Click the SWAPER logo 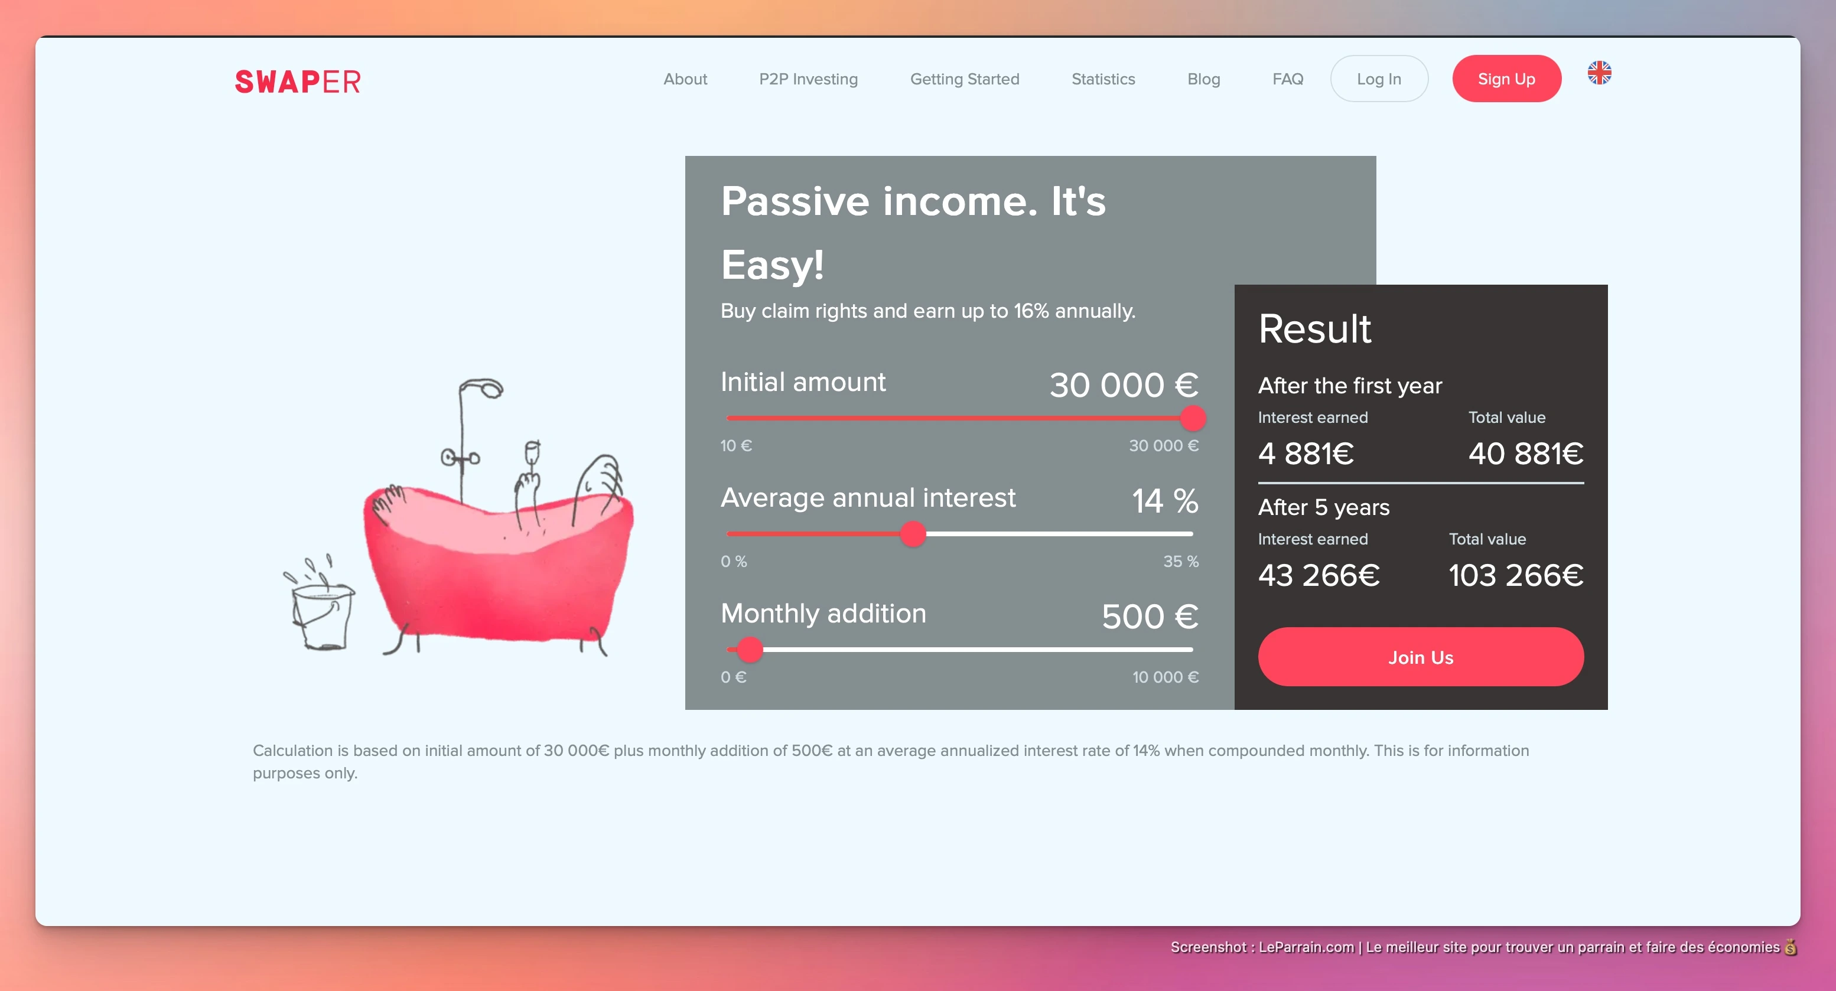coord(298,82)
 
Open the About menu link coord(685,79)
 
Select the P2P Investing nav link coord(808,79)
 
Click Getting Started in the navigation coord(964,79)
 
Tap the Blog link coord(1204,79)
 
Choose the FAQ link coord(1288,79)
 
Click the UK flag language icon coord(1599,72)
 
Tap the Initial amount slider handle coord(1193,418)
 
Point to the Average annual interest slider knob coord(913,534)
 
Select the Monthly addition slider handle coord(750,649)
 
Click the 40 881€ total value coord(1526,453)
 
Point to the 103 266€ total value coord(1516,575)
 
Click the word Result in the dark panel coord(1314,328)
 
